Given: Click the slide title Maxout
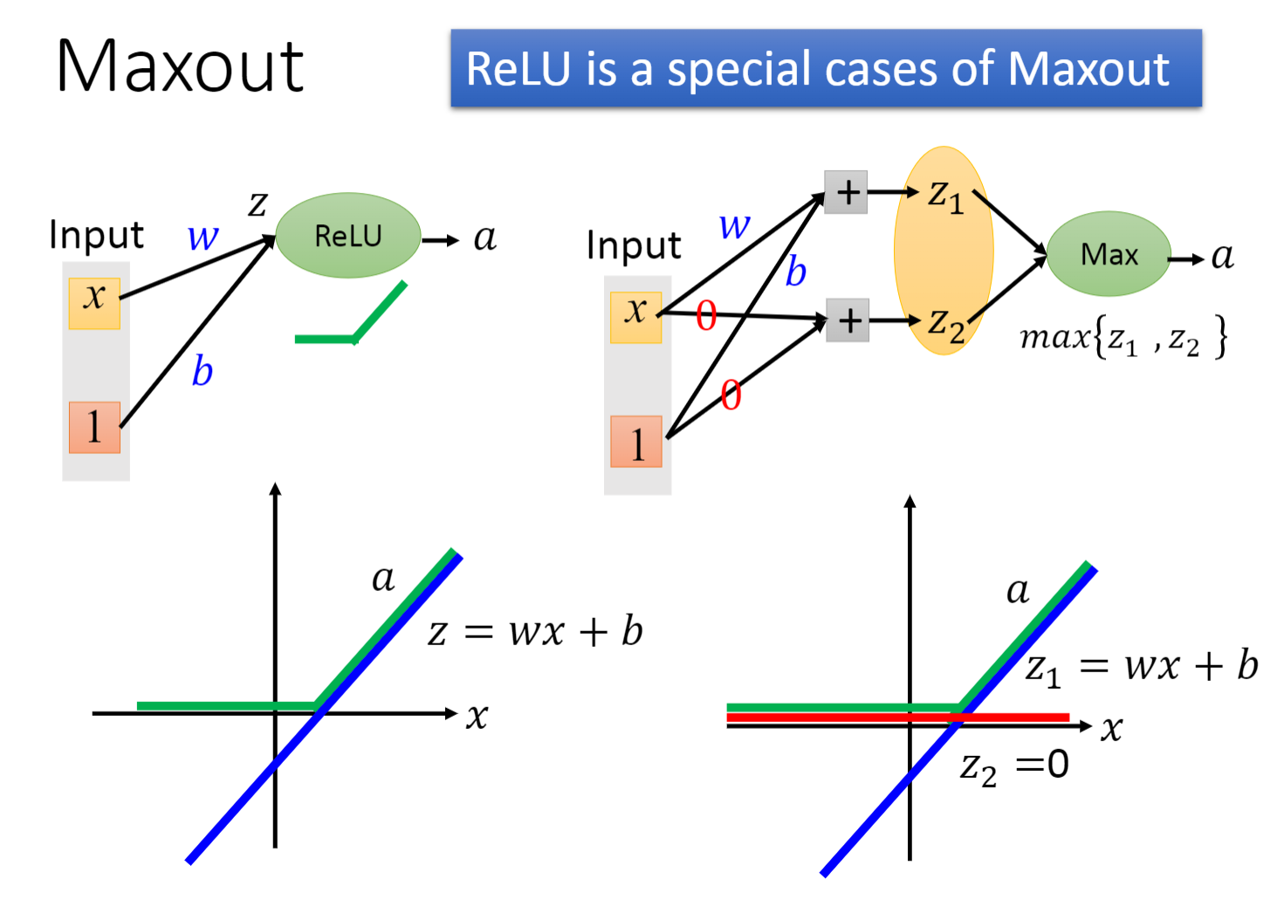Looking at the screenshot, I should coord(180,66).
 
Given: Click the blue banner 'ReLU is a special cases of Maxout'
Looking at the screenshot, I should coord(825,68).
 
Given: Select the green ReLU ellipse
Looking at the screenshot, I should coord(348,236).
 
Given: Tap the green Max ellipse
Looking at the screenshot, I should coord(1109,254).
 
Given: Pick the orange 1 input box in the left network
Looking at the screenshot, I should coord(94,427).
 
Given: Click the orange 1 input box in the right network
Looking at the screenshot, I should coord(636,442).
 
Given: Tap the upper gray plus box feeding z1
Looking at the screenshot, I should coord(846,192).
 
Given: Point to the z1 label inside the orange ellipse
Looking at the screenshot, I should coord(946,196).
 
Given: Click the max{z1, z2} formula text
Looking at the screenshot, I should coord(1123,337).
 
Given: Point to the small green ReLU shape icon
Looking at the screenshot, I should coord(352,319).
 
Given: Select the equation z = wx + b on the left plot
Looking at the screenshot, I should coord(535,631).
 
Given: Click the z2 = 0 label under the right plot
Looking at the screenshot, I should coord(1014,766).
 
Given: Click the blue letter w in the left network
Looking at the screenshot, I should coord(203,237).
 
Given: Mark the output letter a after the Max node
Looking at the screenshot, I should coord(1222,256).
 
